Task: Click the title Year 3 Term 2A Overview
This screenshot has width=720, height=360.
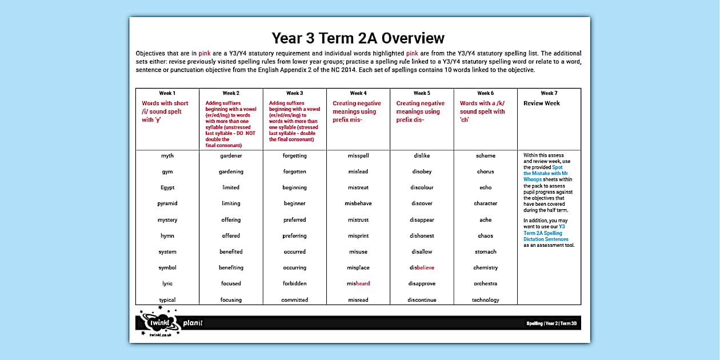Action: pyautogui.click(x=358, y=38)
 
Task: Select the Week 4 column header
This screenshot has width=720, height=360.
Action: pyautogui.click(x=358, y=93)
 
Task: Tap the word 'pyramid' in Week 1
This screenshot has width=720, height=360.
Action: pyautogui.click(x=167, y=203)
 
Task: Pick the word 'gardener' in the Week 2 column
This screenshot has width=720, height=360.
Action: pyautogui.click(x=231, y=155)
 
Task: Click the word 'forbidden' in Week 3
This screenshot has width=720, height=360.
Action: pyautogui.click(x=294, y=283)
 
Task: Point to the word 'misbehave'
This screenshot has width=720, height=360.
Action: pyautogui.click(x=358, y=203)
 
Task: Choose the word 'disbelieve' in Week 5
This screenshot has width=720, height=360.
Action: pyautogui.click(x=422, y=267)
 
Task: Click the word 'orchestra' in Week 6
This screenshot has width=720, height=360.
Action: pyautogui.click(x=485, y=283)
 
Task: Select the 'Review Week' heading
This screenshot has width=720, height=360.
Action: pyautogui.click(x=542, y=103)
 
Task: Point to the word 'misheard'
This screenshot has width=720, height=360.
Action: pyautogui.click(x=358, y=283)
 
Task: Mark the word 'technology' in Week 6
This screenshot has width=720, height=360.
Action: pyautogui.click(x=485, y=300)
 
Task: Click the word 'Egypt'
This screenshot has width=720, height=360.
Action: pyautogui.click(x=167, y=187)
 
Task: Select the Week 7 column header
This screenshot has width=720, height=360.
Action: pyautogui.click(x=549, y=93)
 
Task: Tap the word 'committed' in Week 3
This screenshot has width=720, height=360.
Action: pyautogui.click(x=294, y=300)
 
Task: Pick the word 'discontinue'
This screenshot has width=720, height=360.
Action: pyautogui.click(x=422, y=300)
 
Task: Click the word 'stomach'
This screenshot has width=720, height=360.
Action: pyautogui.click(x=485, y=251)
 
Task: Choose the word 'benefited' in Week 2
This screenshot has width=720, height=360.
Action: pyautogui.click(x=231, y=251)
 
